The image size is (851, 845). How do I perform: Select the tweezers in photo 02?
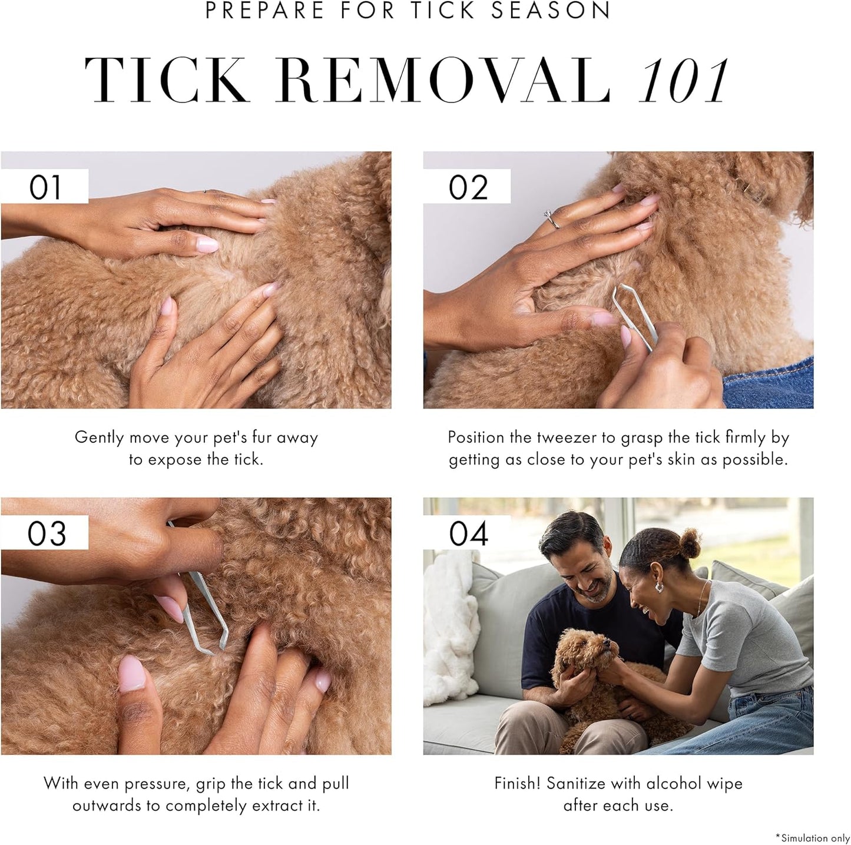[633, 315]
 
